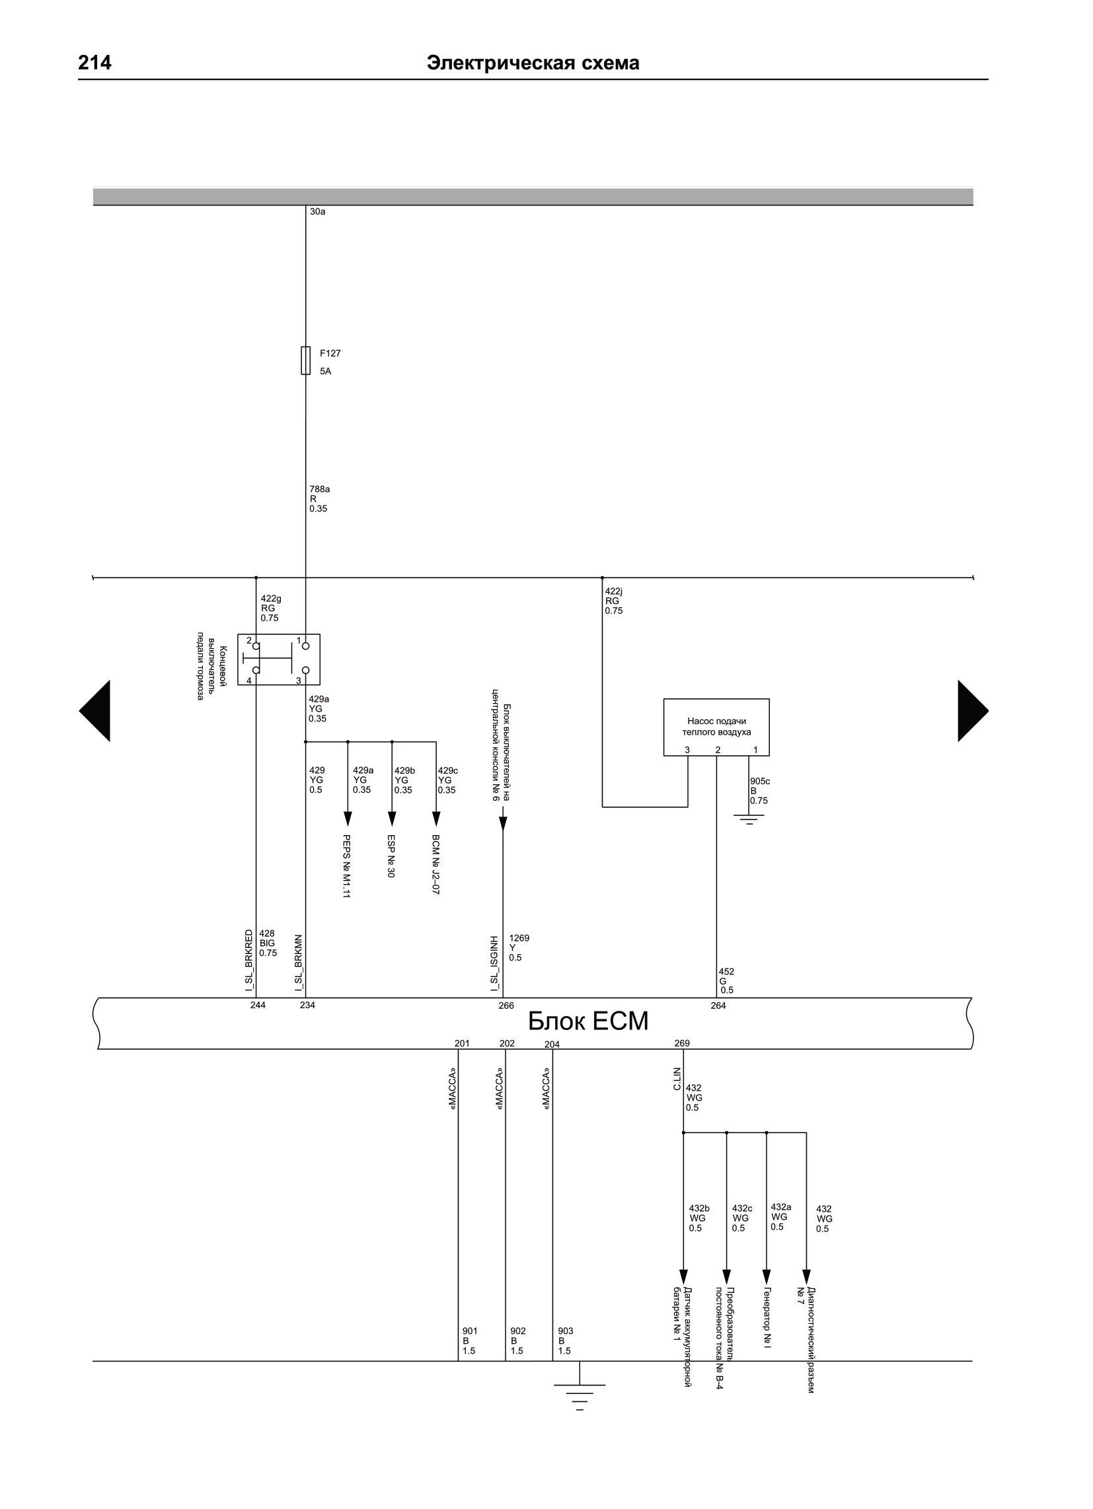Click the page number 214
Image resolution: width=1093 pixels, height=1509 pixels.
pyautogui.click(x=94, y=63)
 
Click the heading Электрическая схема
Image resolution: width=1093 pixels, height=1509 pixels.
pyautogui.click(x=533, y=63)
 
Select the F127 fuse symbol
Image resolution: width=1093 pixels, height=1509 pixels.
pyautogui.click(x=305, y=360)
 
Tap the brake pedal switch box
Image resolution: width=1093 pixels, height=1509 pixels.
pyautogui.click(x=279, y=659)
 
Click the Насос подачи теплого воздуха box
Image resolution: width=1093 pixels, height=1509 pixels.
pyautogui.click(x=716, y=727)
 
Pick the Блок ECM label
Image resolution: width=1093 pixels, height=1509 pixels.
pyautogui.click(x=587, y=1021)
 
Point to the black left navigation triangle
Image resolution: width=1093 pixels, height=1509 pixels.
pyautogui.click(x=94, y=711)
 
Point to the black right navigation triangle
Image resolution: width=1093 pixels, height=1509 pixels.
pyautogui.click(x=973, y=711)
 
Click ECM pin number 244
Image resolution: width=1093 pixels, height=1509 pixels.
pyautogui.click(x=258, y=1005)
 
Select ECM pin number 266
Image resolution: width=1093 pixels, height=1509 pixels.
pyautogui.click(x=506, y=1006)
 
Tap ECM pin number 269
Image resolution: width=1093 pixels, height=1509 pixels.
pyautogui.click(x=681, y=1043)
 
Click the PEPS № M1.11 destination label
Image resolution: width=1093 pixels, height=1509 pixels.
pyautogui.click(x=346, y=866)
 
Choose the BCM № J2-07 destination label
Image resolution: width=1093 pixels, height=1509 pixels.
pyautogui.click(x=435, y=864)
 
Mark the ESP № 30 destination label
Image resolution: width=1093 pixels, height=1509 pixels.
pyautogui.click(x=391, y=856)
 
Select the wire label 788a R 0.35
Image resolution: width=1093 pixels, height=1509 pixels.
pyautogui.click(x=320, y=499)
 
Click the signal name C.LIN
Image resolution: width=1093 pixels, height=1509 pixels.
pyautogui.click(x=677, y=1078)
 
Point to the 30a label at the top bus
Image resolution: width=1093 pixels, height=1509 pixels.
pyautogui.click(x=317, y=211)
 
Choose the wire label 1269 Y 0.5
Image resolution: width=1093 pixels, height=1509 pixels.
pyautogui.click(x=519, y=948)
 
